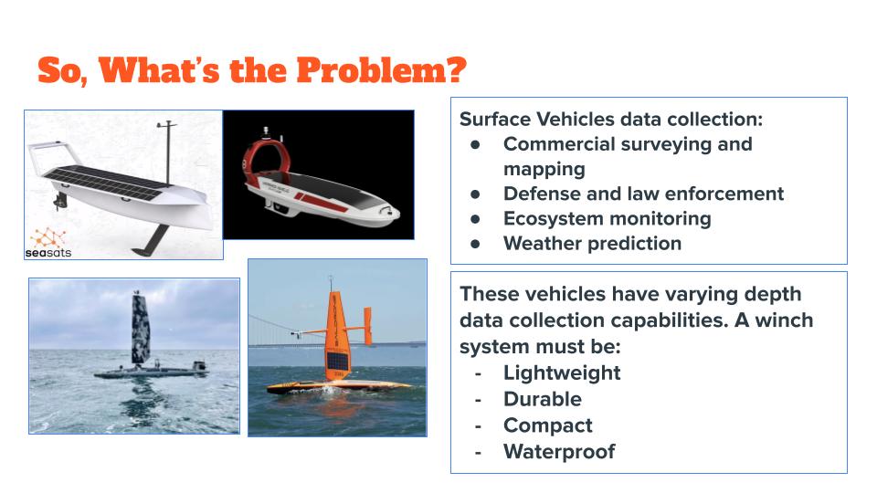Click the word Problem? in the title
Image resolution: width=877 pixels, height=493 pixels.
(381, 71)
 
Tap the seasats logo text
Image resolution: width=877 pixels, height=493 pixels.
(48, 253)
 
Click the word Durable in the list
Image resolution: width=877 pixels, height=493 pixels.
(543, 399)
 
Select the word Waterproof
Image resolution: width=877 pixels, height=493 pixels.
(559, 452)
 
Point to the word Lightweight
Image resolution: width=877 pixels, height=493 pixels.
(562, 372)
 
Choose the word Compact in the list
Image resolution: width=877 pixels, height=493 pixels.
(547, 425)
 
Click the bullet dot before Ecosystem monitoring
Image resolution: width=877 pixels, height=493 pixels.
(475, 219)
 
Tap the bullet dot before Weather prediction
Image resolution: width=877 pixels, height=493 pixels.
(475, 244)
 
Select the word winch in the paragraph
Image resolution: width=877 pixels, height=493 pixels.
(784, 320)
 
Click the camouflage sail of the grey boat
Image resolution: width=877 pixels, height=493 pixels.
(141, 330)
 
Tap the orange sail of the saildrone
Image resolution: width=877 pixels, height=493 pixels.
(337, 334)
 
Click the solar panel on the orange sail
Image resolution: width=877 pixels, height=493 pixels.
(337, 362)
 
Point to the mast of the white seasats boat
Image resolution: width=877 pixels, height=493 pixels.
(167, 152)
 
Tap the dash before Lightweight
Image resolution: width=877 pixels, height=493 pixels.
(478, 373)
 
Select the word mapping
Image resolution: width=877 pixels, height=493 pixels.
(544, 170)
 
